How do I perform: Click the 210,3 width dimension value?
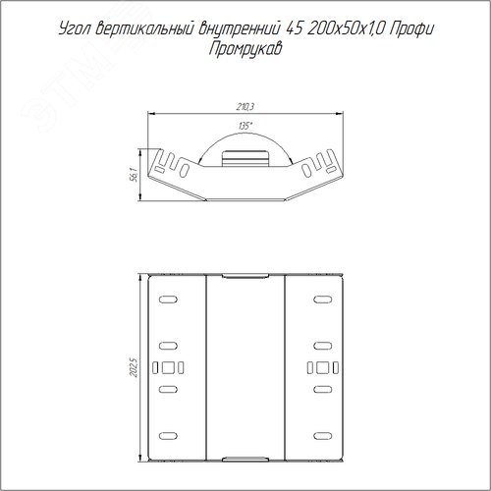(x=245, y=107)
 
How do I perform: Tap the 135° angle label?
(x=245, y=126)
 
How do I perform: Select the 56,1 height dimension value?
(x=134, y=175)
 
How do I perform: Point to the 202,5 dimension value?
(x=134, y=367)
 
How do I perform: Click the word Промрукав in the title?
(x=245, y=50)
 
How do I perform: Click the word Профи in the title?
(x=412, y=29)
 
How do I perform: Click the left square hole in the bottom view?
(x=168, y=367)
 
